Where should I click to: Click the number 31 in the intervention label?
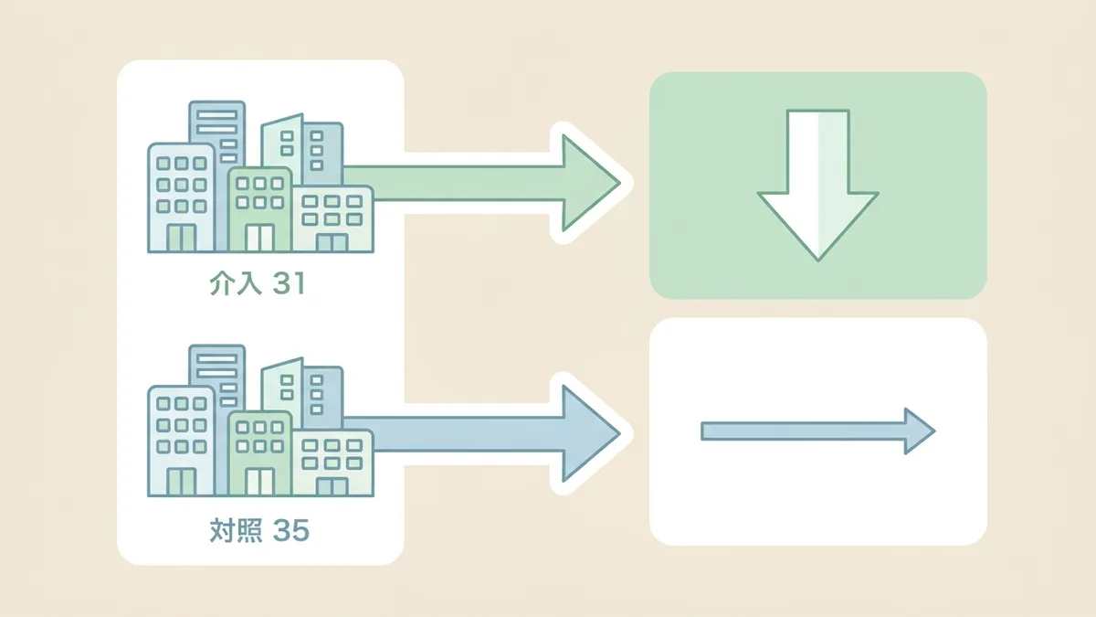(x=289, y=283)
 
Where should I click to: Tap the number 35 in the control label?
(x=290, y=530)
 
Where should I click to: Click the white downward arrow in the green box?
(x=817, y=185)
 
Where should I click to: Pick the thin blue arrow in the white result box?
(x=818, y=431)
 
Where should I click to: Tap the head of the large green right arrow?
(x=591, y=183)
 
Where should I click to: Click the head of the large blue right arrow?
(x=591, y=433)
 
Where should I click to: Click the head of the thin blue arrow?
(x=920, y=431)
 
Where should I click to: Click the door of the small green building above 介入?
(x=259, y=238)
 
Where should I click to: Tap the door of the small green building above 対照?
(x=259, y=482)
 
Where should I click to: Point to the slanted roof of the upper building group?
(x=282, y=121)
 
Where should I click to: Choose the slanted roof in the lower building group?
(x=282, y=365)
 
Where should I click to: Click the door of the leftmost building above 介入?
(x=182, y=238)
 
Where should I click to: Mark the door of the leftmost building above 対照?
(x=182, y=482)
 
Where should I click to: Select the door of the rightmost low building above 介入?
(x=332, y=243)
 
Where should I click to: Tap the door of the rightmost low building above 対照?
(x=332, y=486)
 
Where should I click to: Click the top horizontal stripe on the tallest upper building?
(x=216, y=114)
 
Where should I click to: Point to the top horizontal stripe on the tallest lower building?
(x=216, y=359)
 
